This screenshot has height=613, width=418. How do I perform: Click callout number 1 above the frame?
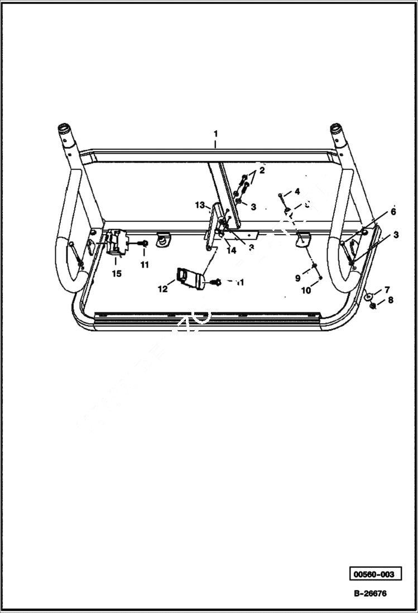[x=215, y=134]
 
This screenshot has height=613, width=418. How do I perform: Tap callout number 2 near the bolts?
[x=261, y=170]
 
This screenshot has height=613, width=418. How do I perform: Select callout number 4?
[x=297, y=191]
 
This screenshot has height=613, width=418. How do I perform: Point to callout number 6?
[x=393, y=212]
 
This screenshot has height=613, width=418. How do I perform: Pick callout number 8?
[x=391, y=300]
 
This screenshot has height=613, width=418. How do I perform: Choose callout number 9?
[x=298, y=277]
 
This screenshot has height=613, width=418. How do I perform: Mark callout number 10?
[x=306, y=291]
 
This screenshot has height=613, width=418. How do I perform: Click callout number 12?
[x=163, y=289]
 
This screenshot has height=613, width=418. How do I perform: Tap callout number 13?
[x=200, y=205]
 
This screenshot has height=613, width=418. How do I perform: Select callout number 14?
[x=231, y=251]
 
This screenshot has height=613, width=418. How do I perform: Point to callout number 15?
[x=116, y=274]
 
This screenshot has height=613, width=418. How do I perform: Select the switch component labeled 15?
[x=118, y=245]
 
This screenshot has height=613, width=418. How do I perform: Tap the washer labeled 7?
[x=369, y=296]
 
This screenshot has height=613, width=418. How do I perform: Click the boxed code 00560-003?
[x=376, y=574]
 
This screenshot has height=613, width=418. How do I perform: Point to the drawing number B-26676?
[x=369, y=594]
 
